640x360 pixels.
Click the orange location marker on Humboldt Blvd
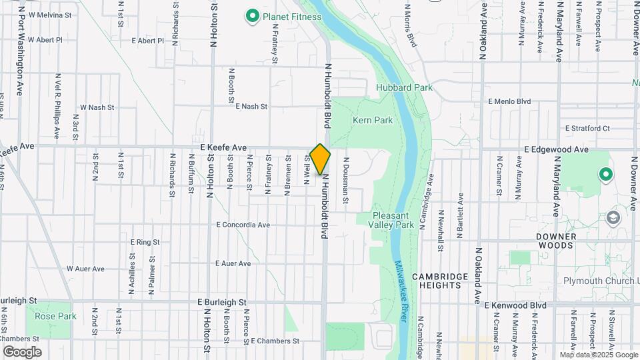(x=320, y=159)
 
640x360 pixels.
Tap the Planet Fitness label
(x=292, y=16)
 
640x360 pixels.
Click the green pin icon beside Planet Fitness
(x=253, y=15)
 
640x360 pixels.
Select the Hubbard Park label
(x=404, y=87)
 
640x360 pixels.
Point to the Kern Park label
(x=373, y=120)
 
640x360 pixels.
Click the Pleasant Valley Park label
(x=391, y=221)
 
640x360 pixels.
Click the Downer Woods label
(x=555, y=241)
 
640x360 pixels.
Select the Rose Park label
(x=55, y=316)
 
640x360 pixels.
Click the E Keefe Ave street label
(x=223, y=147)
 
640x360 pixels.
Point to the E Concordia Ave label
(x=243, y=225)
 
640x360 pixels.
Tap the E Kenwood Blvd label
(x=515, y=305)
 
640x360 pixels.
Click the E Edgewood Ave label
(x=556, y=150)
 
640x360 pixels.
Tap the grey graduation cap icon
(x=612, y=218)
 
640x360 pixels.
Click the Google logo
(x=22, y=351)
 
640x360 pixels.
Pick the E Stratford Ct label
(x=587, y=128)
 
